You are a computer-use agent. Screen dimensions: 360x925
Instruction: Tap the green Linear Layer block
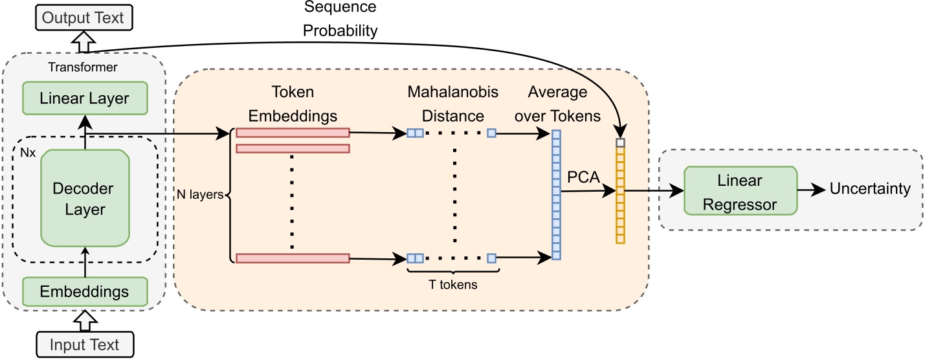coord(85,99)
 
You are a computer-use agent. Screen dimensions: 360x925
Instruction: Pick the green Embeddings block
coord(85,291)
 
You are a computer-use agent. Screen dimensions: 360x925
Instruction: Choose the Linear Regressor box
coord(740,190)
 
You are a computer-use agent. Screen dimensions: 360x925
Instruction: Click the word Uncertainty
coord(869,189)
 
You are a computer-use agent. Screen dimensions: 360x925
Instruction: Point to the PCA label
coord(583,177)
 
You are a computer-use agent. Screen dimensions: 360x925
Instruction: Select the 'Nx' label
coord(27,153)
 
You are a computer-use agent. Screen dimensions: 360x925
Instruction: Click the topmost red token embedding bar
coord(293,133)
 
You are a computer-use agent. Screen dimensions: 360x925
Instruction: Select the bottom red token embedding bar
coord(293,258)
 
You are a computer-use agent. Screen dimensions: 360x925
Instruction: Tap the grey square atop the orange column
coord(620,142)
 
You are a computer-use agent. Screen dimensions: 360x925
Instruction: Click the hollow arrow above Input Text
coord(85,321)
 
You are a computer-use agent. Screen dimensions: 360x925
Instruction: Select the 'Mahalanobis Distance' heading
coord(452,104)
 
